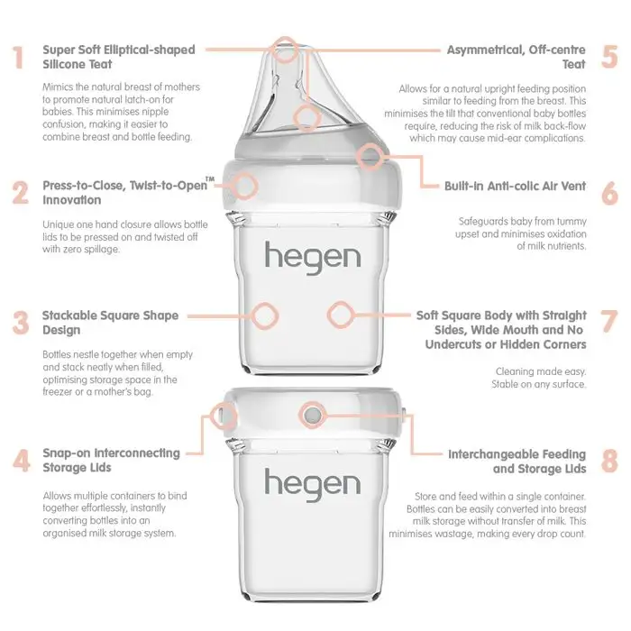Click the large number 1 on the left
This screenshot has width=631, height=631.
coord(18,58)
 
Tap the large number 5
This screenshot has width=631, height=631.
coord(609,58)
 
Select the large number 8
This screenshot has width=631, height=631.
coord(609,461)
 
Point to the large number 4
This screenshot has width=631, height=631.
coord(21,461)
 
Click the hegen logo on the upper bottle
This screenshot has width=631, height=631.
coord(312,258)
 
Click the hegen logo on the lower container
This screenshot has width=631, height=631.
coord(312,485)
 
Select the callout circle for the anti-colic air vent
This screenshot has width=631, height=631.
coord(370,157)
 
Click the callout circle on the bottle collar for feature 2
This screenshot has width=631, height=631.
coord(244,186)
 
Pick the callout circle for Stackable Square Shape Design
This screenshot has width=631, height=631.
coord(265,315)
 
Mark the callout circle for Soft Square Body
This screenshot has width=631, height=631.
coord(341,315)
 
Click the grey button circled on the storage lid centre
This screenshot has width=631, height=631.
coord(312,415)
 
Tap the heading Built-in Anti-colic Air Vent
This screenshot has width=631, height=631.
coord(515,187)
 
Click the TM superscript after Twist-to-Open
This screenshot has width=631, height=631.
coord(210,178)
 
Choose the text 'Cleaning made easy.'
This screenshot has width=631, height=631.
coord(541,371)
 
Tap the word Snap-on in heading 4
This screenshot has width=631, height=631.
coord(67,453)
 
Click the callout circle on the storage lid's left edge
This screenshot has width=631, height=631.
coord(222,415)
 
